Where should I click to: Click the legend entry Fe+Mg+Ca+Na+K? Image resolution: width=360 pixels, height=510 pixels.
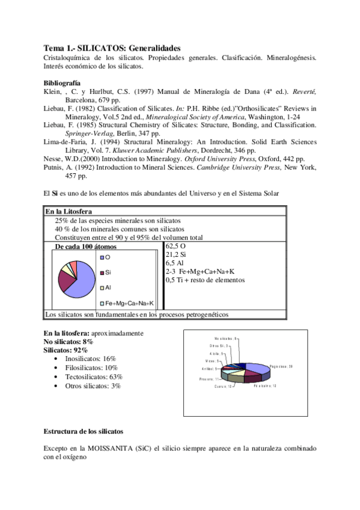pos(130,303)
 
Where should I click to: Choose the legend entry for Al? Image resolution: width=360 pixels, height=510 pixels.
pos(108,287)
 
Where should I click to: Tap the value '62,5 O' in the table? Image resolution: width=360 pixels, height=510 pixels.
pos(175,247)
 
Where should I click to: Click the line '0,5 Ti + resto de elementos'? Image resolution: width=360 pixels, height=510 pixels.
pos(205,280)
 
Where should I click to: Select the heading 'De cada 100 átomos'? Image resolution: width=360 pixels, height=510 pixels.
pos(86,247)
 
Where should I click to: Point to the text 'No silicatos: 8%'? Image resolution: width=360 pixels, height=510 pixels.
pos(69,341)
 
